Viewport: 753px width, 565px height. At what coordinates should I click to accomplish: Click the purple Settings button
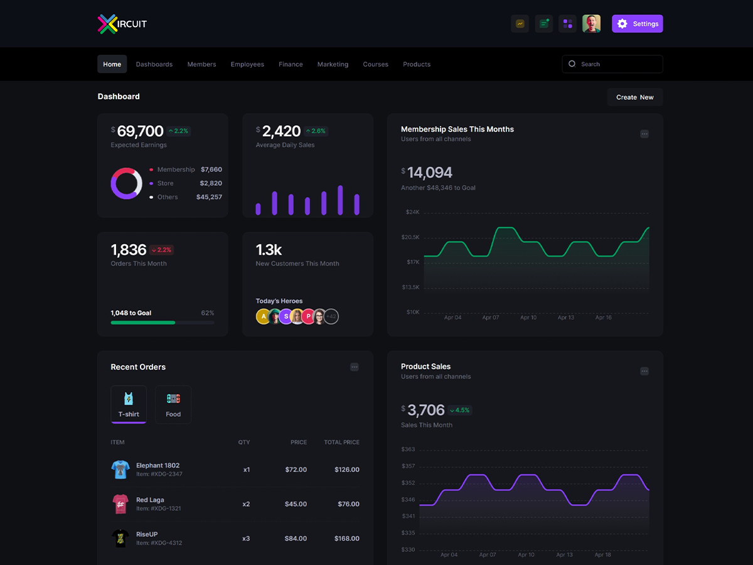(x=637, y=24)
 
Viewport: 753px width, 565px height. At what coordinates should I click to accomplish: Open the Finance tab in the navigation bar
(x=291, y=64)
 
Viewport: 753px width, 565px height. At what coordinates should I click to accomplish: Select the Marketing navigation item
(x=333, y=64)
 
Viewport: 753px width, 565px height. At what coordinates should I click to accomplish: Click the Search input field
(x=612, y=64)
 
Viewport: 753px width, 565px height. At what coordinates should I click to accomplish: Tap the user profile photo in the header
(x=592, y=24)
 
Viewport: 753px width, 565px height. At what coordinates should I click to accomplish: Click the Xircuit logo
(x=122, y=24)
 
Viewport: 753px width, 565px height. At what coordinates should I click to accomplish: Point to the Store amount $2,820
(x=211, y=183)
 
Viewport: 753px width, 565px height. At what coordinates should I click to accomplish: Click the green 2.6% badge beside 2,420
(x=316, y=131)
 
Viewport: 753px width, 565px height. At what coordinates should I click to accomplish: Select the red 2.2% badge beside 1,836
(x=161, y=250)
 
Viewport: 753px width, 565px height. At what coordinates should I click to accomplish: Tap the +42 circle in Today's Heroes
(x=331, y=316)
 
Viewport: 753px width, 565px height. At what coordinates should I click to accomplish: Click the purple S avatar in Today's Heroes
(x=286, y=316)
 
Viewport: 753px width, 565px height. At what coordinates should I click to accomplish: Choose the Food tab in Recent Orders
(x=173, y=404)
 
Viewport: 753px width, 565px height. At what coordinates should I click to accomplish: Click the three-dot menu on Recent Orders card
(x=355, y=367)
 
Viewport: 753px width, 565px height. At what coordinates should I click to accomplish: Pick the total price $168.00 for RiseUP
(x=347, y=539)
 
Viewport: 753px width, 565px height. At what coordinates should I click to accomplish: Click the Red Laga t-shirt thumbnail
(x=120, y=504)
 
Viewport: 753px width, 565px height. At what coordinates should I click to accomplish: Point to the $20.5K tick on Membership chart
(x=410, y=237)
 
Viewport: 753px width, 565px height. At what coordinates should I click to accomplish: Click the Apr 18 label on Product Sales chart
(x=603, y=555)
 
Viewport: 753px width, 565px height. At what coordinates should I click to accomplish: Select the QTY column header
(x=244, y=442)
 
